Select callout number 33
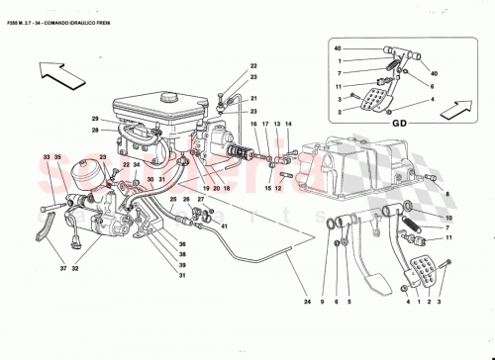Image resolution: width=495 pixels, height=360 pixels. pos(47,157)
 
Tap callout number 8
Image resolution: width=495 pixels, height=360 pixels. pos(447,196)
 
